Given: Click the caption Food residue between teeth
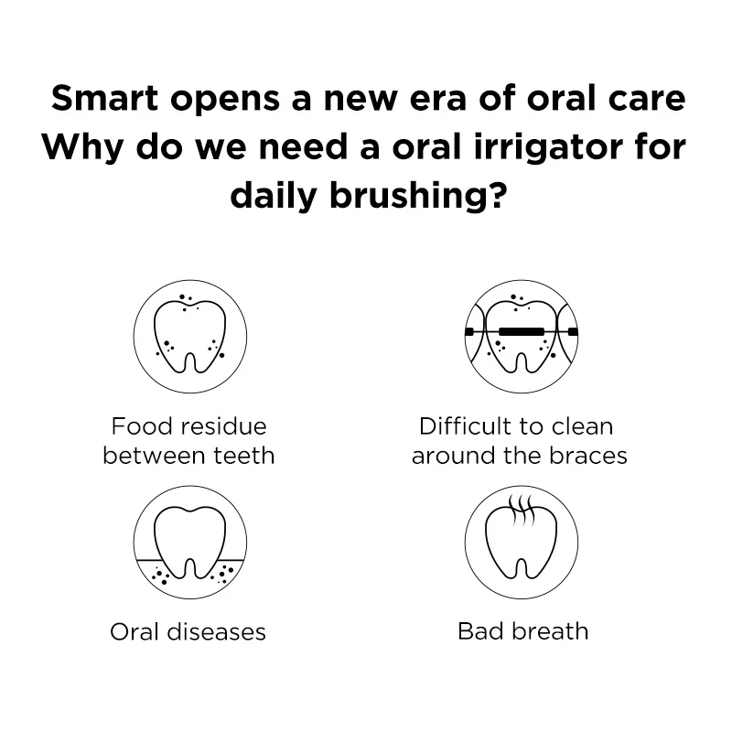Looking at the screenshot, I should pyautogui.click(x=189, y=441).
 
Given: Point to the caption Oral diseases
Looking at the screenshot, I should pyautogui.click(x=188, y=631).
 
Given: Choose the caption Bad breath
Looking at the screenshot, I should pyautogui.click(x=522, y=631).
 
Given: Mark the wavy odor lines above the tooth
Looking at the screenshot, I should pyautogui.click(x=522, y=508).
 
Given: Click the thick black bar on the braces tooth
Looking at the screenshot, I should pyautogui.click(x=522, y=328).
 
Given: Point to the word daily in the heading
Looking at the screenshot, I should pyautogui.click(x=270, y=194).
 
